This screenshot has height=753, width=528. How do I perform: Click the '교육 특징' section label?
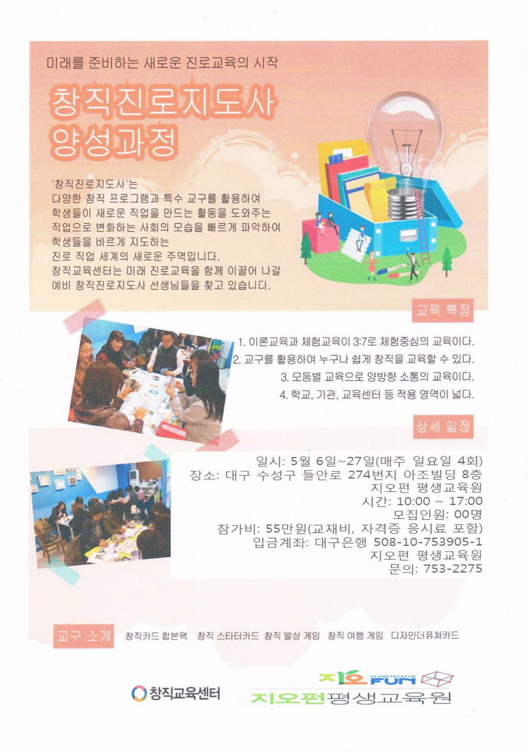pyautogui.click(x=442, y=310)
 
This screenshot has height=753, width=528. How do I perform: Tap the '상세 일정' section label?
pyautogui.click(x=442, y=427)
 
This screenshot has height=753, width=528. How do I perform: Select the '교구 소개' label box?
pyautogui.click(x=84, y=636)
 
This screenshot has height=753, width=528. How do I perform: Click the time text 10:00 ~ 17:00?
pyautogui.click(x=439, y=501)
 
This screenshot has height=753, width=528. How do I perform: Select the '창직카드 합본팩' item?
pyautogui.click(x=156, y=636)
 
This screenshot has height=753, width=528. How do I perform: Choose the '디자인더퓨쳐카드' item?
pyautogui.click(x=425, y=636)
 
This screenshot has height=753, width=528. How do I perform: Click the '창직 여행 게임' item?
pyautogui.click(x=355, y=636)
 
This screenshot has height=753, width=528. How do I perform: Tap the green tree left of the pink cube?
pyautogui.click(x=306, y=248)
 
